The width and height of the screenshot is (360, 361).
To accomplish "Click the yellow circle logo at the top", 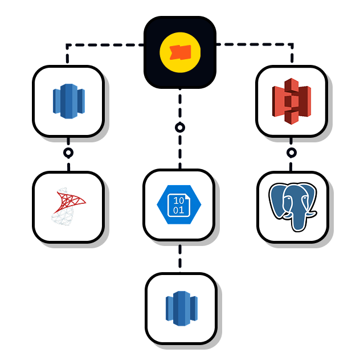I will pyautogui.click(x=180, y=52).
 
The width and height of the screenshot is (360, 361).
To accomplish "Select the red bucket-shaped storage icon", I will pyautogui.click(x=292, y=101).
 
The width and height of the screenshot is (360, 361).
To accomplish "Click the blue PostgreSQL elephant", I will pyautogui.click(x=293, y=207).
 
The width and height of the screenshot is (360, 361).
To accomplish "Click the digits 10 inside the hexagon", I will pyautogui.click(x=179, y=200).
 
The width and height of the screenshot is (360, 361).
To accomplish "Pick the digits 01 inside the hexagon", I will pyautogui.click(x=179, y=210).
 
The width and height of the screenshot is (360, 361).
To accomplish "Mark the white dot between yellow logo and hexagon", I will pyautogui.click(x=180, y=128).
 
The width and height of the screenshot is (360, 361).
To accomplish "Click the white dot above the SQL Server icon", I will pyautogui.click(x=68, y=153).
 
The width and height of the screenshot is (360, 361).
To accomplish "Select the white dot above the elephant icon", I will pyautogui.click(x=292, y=153).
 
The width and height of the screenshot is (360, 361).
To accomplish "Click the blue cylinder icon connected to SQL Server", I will pyautogui.click(x=68, y=101).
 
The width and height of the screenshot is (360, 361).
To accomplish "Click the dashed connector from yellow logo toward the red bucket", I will pyautogui.click(x=256, y=44).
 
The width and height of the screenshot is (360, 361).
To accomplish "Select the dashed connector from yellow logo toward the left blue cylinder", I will pyautogui.click(x=103, y=44).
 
